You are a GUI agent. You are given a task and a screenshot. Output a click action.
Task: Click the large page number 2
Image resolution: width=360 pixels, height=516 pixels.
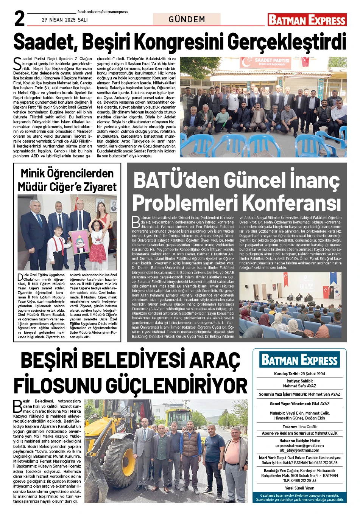20,19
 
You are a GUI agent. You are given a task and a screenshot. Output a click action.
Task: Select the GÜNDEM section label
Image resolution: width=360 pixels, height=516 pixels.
187,19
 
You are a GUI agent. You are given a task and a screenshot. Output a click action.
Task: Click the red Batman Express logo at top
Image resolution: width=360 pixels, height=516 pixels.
307,20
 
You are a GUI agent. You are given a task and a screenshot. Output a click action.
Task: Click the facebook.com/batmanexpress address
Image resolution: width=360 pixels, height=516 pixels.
103,12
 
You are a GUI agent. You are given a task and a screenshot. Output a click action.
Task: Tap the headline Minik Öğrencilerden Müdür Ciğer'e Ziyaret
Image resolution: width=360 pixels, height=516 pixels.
67,180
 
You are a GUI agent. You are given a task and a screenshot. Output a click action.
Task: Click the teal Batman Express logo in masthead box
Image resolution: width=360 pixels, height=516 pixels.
299,360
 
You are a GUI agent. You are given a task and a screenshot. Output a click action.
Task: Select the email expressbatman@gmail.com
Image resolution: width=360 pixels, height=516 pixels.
299,446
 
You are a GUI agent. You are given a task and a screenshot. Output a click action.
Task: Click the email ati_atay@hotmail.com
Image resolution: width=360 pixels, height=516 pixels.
299,450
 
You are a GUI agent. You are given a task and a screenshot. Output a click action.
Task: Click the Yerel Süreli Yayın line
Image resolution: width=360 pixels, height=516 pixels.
299,488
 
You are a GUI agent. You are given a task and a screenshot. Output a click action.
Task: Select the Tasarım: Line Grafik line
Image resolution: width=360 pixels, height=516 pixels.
299,427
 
